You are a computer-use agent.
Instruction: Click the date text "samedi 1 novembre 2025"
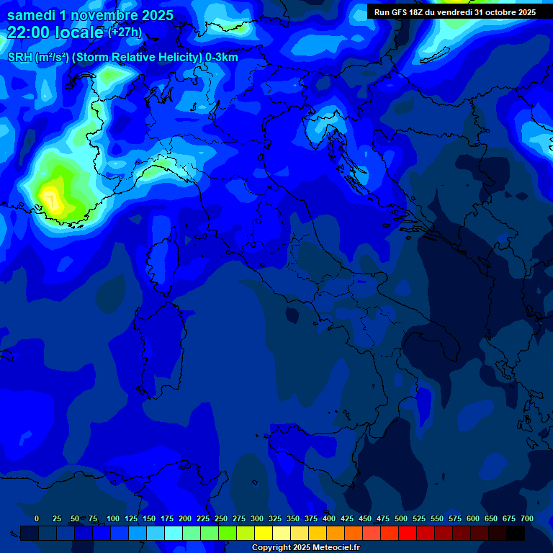coord(90,15)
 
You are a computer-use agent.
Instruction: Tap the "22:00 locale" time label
coord(55,32)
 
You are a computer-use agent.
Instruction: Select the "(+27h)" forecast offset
coord(125,32)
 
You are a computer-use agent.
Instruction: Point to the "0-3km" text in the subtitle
coord(220,58)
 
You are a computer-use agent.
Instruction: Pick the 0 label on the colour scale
coord(37,519)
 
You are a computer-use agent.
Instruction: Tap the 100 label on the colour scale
coord(113,519)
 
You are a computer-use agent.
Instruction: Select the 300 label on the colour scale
coord(257,519)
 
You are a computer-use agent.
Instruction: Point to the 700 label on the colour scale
coord(527,519)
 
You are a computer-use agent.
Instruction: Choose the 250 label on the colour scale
coord(221,519)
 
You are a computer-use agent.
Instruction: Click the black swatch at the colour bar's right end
coord(516,533)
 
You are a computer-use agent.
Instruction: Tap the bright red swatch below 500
coord(408,533)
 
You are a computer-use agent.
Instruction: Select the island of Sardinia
coord(155,346)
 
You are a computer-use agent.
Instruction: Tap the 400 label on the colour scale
coord(329,519)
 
